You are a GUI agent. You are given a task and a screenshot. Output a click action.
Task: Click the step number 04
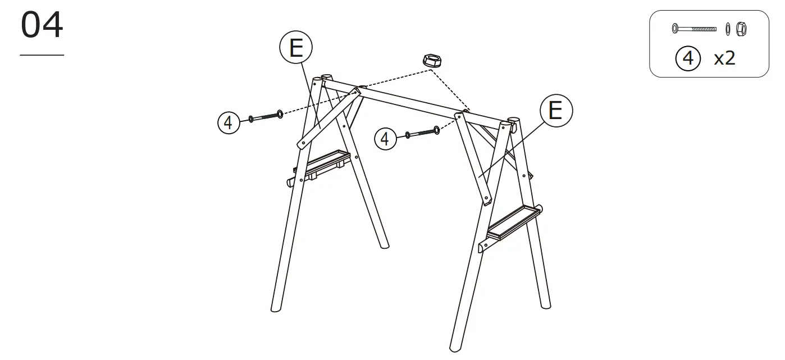point(42,26)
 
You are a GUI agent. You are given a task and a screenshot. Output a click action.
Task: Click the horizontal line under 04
point(42,55)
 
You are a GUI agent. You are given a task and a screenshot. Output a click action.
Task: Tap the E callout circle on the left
point(296,48)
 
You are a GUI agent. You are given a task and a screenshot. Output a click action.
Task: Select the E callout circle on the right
point(555,111)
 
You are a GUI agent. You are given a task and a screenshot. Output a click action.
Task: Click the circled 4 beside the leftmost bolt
point(228,122)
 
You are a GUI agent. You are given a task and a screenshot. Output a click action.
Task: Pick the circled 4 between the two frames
point(385,138)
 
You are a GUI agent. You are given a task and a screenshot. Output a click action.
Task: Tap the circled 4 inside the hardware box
point(688,58)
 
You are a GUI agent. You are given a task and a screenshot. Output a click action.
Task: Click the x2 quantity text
point(724,58)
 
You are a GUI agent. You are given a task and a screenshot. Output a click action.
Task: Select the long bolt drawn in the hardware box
point(694,29)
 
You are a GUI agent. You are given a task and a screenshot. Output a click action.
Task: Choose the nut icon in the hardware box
point(741,29)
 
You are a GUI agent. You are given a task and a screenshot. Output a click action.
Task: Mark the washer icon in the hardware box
point(728,29)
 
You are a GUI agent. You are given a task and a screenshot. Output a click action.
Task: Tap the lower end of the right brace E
point(486,199)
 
